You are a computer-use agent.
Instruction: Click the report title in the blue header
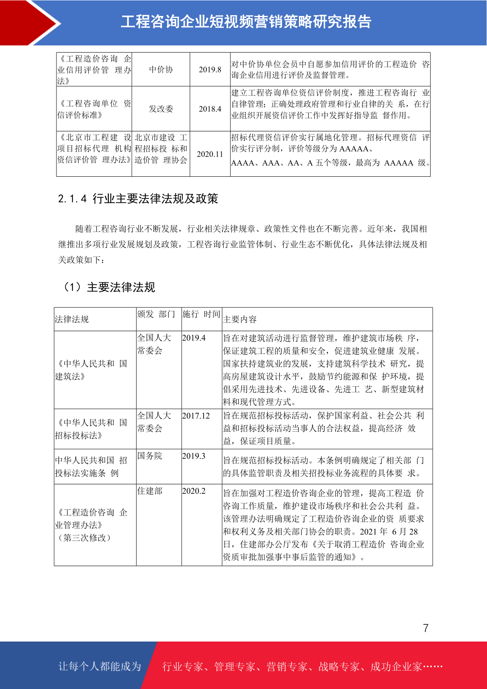pos(246,22)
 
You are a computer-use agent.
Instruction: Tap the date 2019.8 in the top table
pos(210,70)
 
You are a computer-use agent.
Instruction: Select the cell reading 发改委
pos(161,109)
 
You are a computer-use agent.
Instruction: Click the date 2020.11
pos(210,154)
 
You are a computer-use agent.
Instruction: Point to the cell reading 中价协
pos(161,70)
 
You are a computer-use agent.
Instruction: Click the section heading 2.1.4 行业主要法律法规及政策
pos(138,199)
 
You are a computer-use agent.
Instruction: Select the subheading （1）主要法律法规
pos(109,287)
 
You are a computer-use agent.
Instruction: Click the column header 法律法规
pos(72,319)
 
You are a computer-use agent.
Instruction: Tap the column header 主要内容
pos(240,319)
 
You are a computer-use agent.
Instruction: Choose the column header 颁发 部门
pos(156,314)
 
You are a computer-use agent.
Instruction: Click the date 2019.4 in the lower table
pos(194,338)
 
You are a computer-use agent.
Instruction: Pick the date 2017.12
pos(196,416)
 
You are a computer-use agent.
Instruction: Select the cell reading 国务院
pos(150,456)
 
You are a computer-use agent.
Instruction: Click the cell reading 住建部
pos(150,491)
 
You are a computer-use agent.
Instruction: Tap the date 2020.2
pos(194,491)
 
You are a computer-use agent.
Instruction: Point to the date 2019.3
pos(194,456)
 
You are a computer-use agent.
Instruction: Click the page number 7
pos(426,628)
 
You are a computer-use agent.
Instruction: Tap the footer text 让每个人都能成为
pos(100,666)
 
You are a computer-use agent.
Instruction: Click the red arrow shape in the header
pos(31,23)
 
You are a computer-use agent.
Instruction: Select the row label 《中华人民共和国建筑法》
pos(91,370)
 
